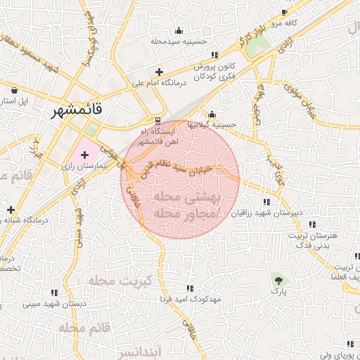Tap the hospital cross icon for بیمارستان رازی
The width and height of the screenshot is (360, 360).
[x=85, y=153]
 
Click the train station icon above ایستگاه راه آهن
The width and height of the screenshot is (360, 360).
[x=157, y=120]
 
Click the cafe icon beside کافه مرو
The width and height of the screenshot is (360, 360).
[x=284, y=13]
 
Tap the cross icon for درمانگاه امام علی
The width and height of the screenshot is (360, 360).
[x=160, y=72]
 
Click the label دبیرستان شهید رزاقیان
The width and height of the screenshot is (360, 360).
[x=266, y=212]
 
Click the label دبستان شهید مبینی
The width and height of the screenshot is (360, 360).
[x=54, y=304]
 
